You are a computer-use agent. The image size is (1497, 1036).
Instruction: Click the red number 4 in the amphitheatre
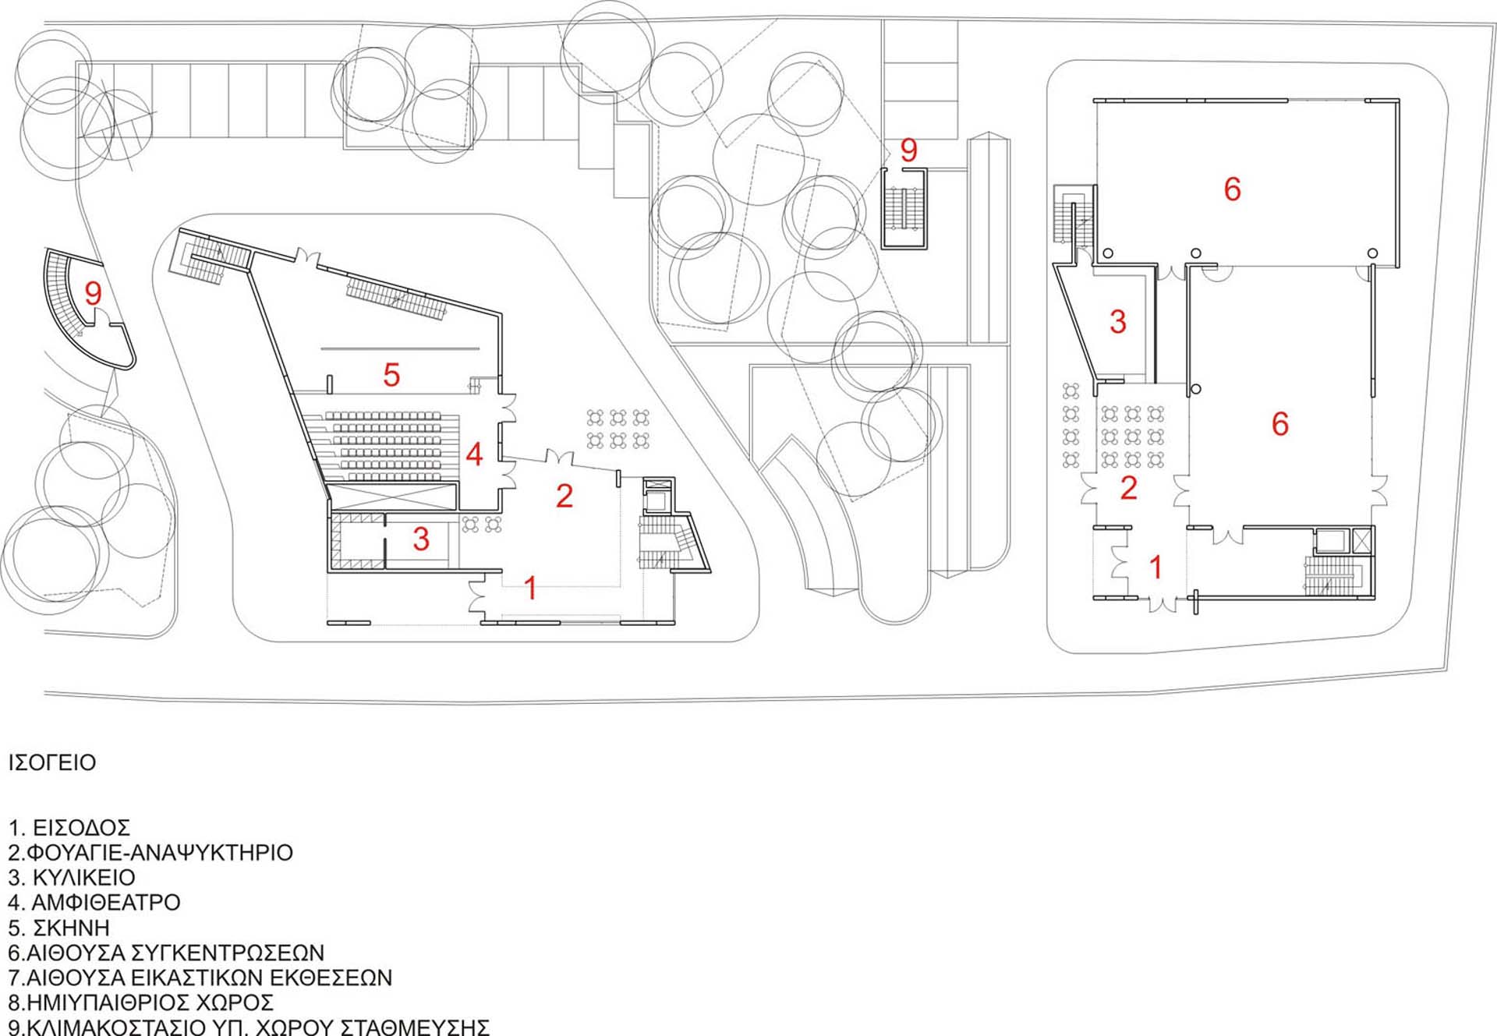pyautogui.click(x=474, y=454)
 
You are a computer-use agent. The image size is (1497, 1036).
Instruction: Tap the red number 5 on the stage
pyautogui.click(x=391, y=375)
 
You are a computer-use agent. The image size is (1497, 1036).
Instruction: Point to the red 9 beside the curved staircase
pyautogui.click(x=93, y=293)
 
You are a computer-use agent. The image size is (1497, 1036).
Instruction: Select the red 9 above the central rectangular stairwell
pyautogui.click(x=908, y=150)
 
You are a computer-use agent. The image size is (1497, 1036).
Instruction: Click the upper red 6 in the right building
pyautogui.click(x=1232, y=189)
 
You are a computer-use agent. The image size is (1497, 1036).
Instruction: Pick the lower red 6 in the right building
pyautogui.click(x=1279, y=423)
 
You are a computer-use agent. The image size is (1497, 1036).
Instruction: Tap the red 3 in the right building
pyautogui.click(x=1117, y=321)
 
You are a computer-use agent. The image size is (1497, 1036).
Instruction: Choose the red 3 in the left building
pyautogui.click(x=421, y=539)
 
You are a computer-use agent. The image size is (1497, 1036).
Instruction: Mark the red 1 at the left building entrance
pyautogui.click(x=531, y=589)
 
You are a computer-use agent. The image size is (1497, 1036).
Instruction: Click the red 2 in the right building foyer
pyautogui.click(x=1128, y=488)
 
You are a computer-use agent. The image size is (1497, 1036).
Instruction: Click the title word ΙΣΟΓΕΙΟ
pyautogui.click(x=52, y=762)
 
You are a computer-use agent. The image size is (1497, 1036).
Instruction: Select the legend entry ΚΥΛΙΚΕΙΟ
pyautogui.click(x=83, y=878)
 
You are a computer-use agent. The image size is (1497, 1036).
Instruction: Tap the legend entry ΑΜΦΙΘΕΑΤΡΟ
pyautogui.click(x=106, y=903)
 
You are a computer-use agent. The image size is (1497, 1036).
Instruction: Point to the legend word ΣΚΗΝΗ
pyautogui.click(x=71, y=928)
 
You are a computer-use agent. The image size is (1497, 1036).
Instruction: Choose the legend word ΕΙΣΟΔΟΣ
pyautogui.click(x=81, y=828)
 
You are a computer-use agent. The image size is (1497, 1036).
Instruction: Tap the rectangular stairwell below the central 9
pyautogui.click(x=904, y=208)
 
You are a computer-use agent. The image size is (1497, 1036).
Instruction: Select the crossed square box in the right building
pyautogui.click(x=1362, y=540)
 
